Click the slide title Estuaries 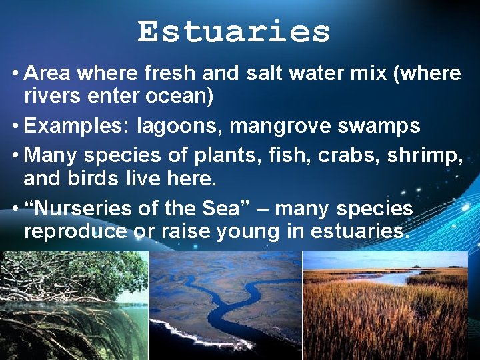233,31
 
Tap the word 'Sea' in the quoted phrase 227,208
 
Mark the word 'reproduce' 75,231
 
